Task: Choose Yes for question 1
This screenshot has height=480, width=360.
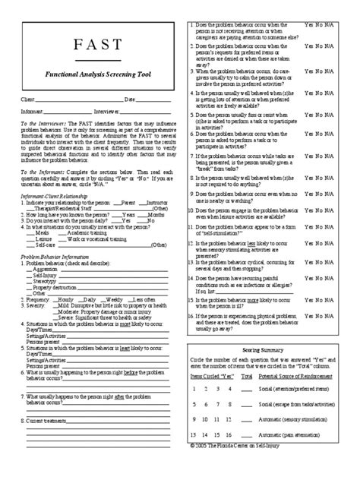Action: click(309, 25)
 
